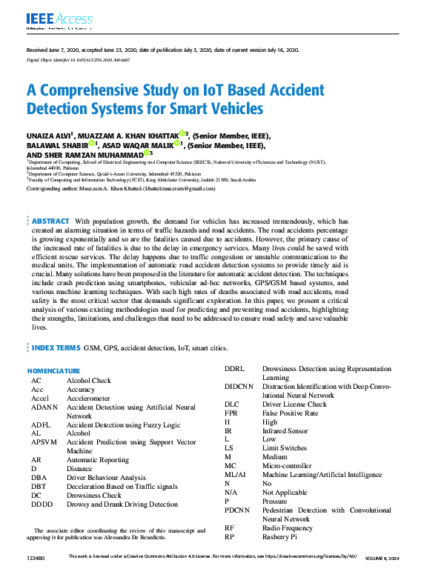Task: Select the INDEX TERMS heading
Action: click(56, 347)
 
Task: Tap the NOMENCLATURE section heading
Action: click(53, 370)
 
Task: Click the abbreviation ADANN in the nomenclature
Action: click(44, 407)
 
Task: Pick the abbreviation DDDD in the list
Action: click(43, 504)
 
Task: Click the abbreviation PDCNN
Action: click(238, 510)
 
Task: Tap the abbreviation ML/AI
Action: click(236, 475)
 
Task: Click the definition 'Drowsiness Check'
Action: click(94, 496)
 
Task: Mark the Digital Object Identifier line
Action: click(79, 59)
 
